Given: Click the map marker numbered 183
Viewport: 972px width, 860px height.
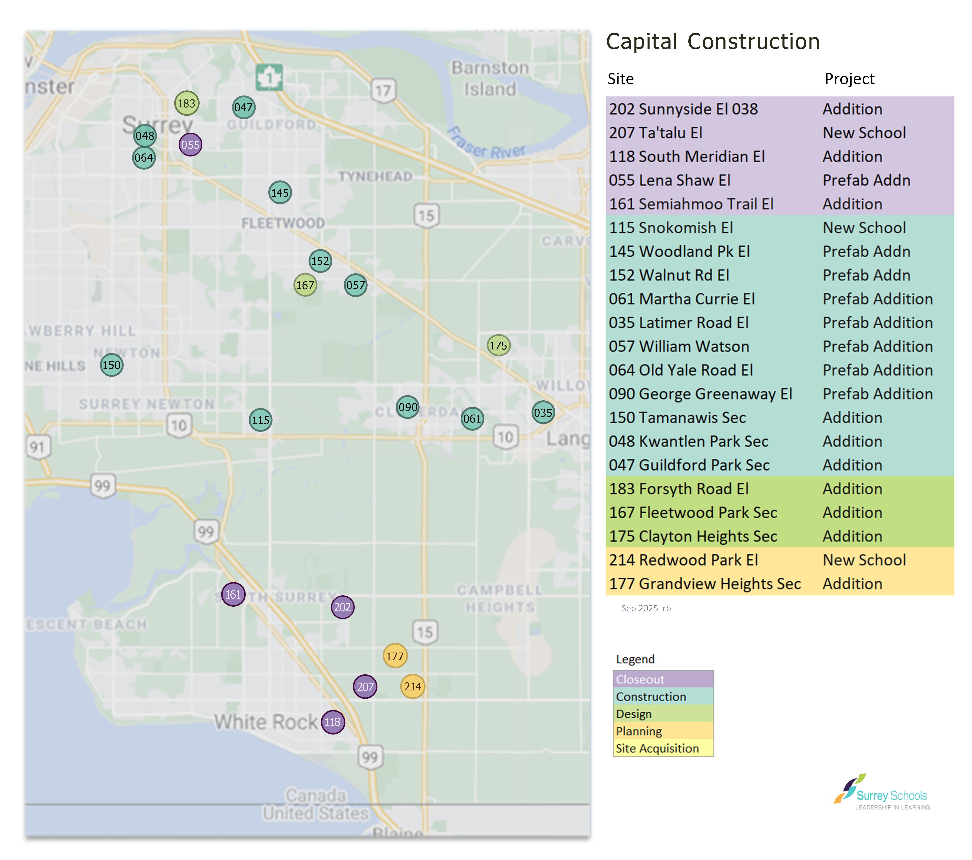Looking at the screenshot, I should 187,103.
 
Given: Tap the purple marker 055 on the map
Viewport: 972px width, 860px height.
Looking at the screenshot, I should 190,145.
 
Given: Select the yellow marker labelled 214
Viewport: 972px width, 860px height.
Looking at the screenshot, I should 412,686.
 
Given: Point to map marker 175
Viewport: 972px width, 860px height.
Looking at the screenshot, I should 498,345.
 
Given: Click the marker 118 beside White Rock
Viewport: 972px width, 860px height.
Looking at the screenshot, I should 332,722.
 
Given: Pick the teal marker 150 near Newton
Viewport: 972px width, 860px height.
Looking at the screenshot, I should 112,365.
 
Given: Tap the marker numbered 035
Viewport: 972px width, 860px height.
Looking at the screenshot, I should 543,412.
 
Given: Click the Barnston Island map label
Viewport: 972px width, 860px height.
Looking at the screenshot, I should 490,78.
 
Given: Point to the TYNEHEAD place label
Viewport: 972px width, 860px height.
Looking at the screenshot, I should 375,176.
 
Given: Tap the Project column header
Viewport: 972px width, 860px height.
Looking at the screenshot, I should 849,79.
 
